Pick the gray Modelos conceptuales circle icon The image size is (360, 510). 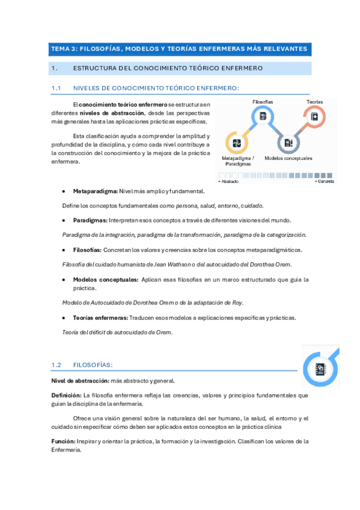(x=288, y=143)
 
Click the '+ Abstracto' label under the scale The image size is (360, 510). (x=228, y=181)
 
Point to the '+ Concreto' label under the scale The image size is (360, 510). (x=323, y=181)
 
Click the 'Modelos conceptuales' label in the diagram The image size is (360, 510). (x=288, y=158)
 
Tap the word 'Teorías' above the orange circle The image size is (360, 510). (x=315, y=102)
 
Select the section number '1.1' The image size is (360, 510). (x=57, y=88)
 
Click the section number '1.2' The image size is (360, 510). (x=57, y=365)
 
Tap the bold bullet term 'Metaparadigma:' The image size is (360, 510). (x=96, y=192)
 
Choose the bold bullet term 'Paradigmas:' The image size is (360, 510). (x=90, y=220)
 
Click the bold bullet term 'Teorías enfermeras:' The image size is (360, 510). (x=100, y=318)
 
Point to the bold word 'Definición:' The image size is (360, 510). (x=67, y=395)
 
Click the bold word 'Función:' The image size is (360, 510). (x=63, y=441)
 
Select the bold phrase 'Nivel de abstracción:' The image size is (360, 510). (x=79, y=380)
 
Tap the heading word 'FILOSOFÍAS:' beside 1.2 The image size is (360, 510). (x=93, y=365)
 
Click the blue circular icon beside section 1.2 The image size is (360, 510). (x=320, y=366)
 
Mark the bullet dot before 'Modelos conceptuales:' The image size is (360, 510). (x=64, y=279)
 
